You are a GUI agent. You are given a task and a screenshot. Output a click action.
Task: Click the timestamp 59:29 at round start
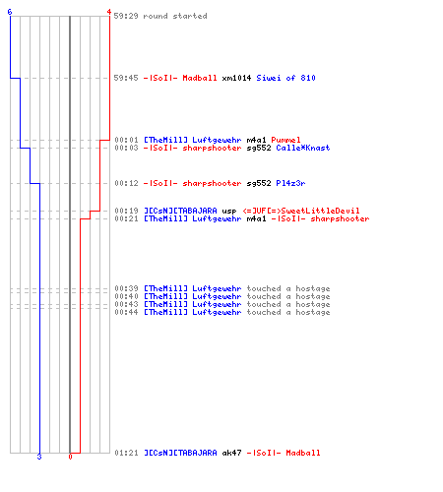126,16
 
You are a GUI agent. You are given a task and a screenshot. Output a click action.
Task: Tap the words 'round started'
175,16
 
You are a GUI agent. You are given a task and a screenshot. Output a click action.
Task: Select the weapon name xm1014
236,78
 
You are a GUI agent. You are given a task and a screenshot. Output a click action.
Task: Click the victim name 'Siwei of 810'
285,78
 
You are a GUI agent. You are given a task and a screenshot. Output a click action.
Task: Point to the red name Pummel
285,140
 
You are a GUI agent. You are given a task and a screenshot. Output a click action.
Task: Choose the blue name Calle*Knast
303,148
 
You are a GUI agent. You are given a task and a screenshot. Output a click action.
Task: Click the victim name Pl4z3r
290,183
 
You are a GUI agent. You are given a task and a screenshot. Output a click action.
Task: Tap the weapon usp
229,211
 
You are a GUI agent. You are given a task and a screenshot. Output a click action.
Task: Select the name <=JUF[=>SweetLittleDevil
301,211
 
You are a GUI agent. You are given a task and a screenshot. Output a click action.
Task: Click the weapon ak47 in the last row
231,453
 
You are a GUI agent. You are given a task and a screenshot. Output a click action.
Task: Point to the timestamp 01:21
126,453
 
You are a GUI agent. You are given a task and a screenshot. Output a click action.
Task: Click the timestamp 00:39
126,288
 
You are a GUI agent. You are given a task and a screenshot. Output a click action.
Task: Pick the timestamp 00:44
126,312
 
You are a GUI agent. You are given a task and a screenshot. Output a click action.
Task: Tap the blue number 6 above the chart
10,12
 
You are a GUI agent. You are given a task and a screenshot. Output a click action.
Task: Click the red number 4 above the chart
109,12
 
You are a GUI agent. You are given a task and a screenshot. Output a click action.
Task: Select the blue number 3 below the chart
39,457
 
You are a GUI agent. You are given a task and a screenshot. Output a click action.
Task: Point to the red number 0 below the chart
70,457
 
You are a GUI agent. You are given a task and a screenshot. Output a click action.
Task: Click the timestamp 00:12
126,183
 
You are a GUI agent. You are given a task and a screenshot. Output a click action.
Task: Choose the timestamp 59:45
126,78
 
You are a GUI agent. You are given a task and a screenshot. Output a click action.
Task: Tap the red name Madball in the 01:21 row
303,453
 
